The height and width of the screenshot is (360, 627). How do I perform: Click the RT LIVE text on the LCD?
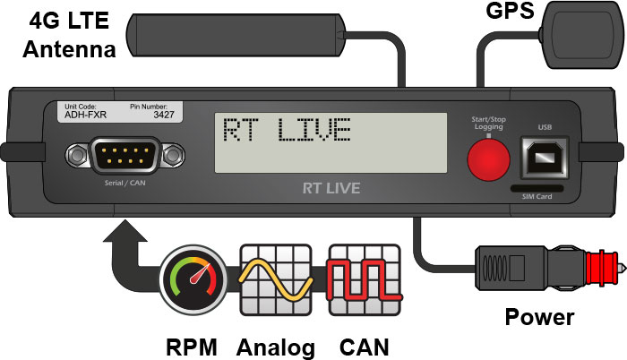(287, 131)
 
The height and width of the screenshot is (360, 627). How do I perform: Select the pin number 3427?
(163, 116)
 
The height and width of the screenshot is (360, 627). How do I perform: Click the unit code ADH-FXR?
(83, 116)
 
